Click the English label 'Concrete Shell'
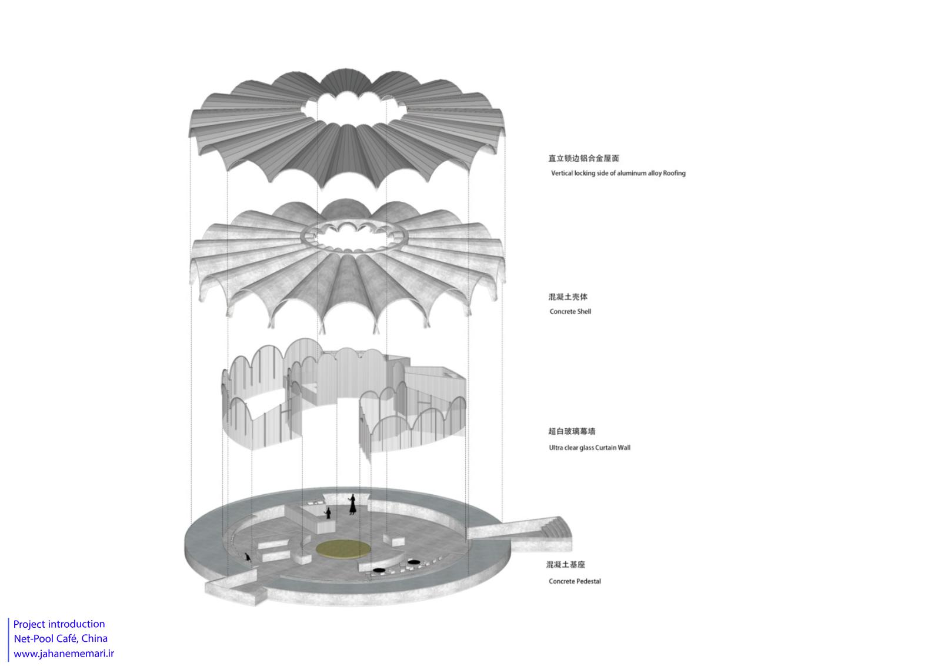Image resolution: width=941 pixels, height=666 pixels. pyautogui.click(x=570, y=311)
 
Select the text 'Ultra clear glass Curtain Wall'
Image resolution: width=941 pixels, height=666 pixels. pyautogui.click(x=589, y=448)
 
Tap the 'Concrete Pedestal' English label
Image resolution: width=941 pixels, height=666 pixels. pyautogui.click(x=575, y=581)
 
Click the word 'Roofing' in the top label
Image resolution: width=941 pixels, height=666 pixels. pyautogui.click(x=674, y=173)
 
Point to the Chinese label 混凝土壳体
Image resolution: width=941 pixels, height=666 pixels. pyautogui.click(x=568, y=297)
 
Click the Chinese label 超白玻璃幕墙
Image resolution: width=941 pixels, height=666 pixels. pyautogui.click(x=571, y=431)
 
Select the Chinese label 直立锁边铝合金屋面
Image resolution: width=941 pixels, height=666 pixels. pyautogui.click(x=583, y=158)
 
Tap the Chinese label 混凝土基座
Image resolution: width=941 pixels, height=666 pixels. pyautogui.click(x=565, y=565)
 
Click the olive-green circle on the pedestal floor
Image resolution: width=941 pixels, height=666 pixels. pyautogui.click(x=343, y=549)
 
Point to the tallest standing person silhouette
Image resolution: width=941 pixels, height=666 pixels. pyautogui.click(x=352, y=504)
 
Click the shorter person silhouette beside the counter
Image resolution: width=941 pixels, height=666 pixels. pyautogui.click(x=328, y=513)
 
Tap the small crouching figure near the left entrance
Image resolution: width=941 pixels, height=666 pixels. pyautogui.click(x=248, y=557)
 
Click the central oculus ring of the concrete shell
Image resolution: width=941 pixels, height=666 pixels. pyautogui.click(x=353, y=237)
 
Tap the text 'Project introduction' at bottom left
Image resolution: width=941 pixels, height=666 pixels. pyautogui.click(x=59, y=624)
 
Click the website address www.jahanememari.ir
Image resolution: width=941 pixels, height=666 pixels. pyautogui.click(x=64, y=654)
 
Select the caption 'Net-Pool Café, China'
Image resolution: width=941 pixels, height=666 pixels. pyautogui.click(x=61, y=639)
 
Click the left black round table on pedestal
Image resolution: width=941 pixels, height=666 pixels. pyautogui.click(x=379, y=570)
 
